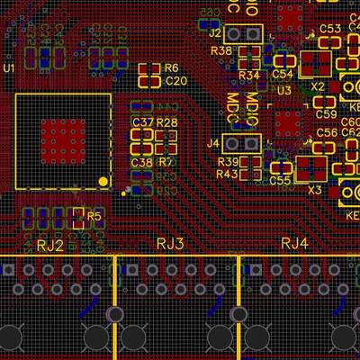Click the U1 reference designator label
[x=10, y=68]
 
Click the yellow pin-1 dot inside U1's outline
[x=103, y=182]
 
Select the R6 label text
[x=171, y=68]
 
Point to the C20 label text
[x=175, y=81]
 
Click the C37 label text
[x=141, y=122]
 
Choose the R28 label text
[x=166, y=122]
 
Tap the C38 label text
[x=141, y=163]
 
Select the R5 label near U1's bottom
[x=94, y=216]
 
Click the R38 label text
[x=221, y=51]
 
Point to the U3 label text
[x=283, y=91]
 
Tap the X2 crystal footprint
[x=316, y=65]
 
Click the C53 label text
[x=330, y=29]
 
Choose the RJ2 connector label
[x=49, y=245]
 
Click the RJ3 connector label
[x=170, y=244]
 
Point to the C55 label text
[x=280, y=181]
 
